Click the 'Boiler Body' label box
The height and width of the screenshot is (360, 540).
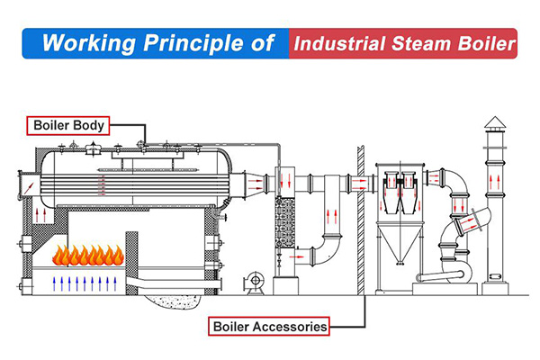pos(68,125)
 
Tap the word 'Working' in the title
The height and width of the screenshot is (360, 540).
pos(83,42)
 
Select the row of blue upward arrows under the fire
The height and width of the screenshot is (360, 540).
pos(86,284)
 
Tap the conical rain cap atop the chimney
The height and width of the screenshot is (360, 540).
pos(494,123)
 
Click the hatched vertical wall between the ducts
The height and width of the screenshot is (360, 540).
pos(360,216)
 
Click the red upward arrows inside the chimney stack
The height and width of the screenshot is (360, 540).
pos(494,180)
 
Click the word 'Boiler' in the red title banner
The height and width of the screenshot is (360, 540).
pos(486,42)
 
